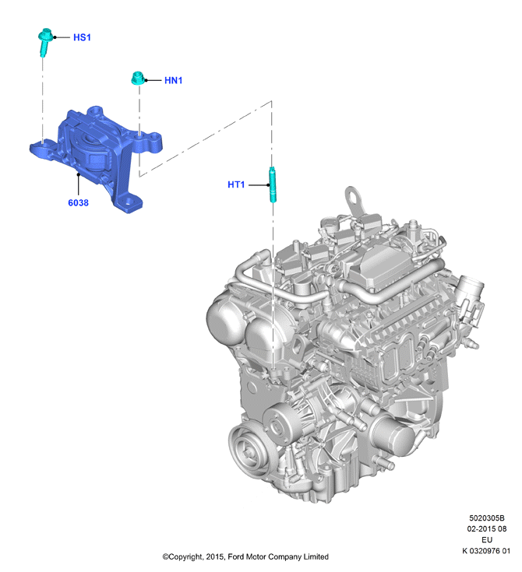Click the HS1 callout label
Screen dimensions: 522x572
coord(82,37)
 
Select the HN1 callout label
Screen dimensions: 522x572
coord(173,80)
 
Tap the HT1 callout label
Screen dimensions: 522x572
coord(236,184)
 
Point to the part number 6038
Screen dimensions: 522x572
coord(78,203)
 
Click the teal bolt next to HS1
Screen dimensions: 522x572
coord(45,41)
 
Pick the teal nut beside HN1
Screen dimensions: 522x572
coord(138,78)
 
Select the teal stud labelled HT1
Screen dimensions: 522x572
coord(273,184)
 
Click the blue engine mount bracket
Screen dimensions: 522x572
coord(97,157)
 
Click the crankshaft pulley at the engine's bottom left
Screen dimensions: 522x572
coord(249,452)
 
